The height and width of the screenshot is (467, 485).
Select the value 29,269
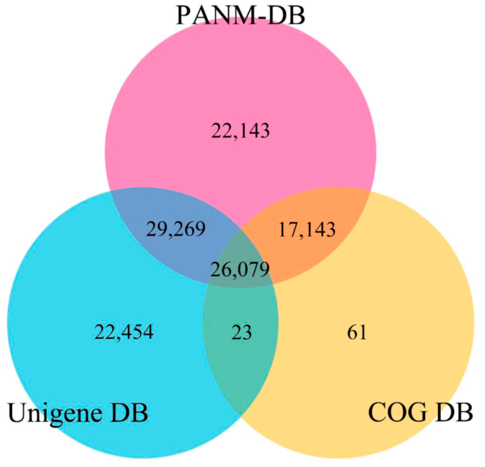[176, 229]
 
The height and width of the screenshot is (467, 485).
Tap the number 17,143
[307, 230]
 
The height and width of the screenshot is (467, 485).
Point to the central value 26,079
[240, 269]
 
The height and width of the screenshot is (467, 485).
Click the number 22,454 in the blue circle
[124, 332]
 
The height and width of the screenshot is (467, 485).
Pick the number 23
[241, 332]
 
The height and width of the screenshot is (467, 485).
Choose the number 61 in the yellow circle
[357, 332]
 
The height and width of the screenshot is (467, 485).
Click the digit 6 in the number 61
[352, 332]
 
